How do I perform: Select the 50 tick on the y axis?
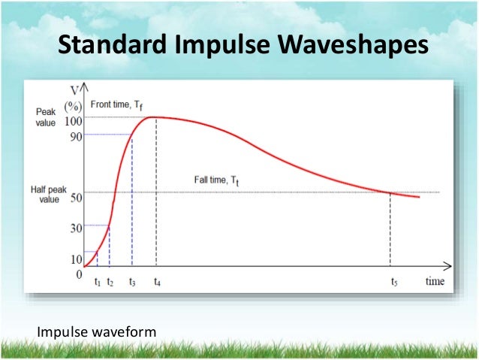point(74,198)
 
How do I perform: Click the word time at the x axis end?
point(435,282)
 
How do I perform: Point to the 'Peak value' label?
point(45,116)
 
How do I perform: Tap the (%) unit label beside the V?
point(73,106)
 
